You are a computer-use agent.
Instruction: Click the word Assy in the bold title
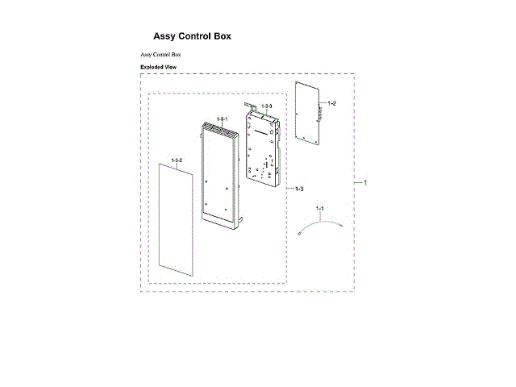165,36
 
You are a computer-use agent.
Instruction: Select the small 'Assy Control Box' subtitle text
161,54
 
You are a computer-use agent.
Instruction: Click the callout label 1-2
332,103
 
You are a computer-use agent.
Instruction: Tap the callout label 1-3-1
222,119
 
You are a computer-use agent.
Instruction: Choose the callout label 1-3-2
177,160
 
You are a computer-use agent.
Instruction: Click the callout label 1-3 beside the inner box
298,189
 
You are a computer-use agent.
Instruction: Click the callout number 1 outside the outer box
364,183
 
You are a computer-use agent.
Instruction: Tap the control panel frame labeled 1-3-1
223,173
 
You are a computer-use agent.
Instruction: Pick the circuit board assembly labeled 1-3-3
264,145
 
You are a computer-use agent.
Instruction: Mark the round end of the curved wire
300,235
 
